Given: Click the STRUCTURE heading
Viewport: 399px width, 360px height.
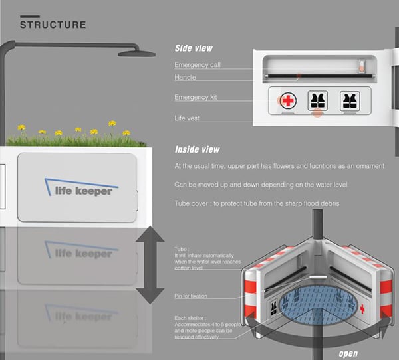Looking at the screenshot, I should click(x=53, y=25).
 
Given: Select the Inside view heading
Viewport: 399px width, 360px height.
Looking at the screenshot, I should click(x=198, y=149).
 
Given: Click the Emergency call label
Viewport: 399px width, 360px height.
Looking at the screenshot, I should click(x=198, y=65).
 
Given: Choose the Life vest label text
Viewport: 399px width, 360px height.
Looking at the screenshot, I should click(x=188, y=118).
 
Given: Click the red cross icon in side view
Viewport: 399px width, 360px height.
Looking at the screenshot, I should click(x=287, y=101).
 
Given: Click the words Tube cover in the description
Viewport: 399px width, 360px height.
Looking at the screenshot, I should click(x=194, y=203).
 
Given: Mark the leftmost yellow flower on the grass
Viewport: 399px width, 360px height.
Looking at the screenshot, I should click(x=22, y=127).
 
